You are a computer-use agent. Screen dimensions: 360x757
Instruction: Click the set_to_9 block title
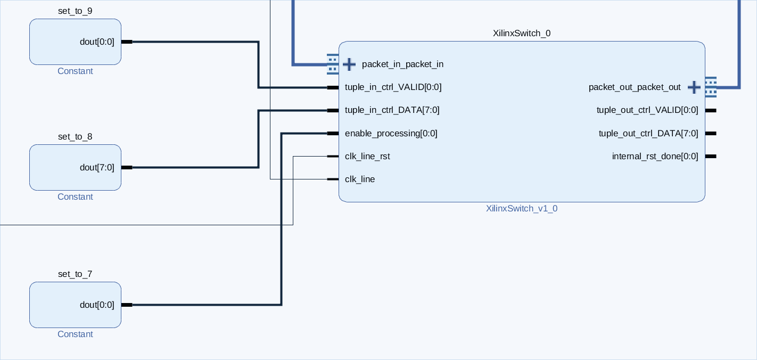(75, 11)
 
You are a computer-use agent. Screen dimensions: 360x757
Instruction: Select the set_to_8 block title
(75, 136)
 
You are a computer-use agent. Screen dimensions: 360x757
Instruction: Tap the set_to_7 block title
(75, 274)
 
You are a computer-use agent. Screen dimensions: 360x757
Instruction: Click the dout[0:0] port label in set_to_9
(97, 42)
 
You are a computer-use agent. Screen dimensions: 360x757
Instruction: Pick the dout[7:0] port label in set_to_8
(97, 167)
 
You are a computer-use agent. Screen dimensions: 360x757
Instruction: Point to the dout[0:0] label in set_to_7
(97, 305)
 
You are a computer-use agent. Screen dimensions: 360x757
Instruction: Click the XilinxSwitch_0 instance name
(522, 33)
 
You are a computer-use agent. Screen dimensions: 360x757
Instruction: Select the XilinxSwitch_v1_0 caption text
(522, 208)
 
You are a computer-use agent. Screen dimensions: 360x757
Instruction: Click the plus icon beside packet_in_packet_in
(349, 64)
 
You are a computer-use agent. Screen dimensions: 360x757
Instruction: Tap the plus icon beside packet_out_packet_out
(694, 87)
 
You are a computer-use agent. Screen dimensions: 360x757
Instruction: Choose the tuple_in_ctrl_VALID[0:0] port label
(393, 87)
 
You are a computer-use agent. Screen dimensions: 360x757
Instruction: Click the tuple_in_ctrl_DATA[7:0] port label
(392, 110)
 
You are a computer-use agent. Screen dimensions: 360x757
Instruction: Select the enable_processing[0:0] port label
(391, 133)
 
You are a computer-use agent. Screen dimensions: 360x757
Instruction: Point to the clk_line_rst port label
(367, 156)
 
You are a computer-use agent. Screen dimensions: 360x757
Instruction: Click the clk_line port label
(360, 179)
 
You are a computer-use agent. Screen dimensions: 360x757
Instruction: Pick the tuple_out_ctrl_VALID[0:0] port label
(647, 110)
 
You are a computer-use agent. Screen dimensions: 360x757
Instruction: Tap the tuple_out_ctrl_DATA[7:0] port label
(648, 133)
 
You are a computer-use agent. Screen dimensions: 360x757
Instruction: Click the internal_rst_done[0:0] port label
(655, 156)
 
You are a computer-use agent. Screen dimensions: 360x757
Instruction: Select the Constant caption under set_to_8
(75, 197)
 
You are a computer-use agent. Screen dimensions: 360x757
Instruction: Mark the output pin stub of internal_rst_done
(711, 156)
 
